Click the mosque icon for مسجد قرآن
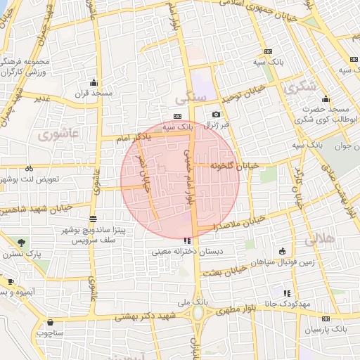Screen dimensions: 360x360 (94, 82)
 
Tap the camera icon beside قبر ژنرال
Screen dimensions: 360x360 (216, 114)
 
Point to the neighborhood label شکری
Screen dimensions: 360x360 (301, 89)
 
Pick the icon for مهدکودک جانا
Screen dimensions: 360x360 (286, 292)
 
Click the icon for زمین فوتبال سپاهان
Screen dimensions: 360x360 (283, 251)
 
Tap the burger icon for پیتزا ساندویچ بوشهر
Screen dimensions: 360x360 (94, 219)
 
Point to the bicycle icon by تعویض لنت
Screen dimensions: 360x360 (29, 168)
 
